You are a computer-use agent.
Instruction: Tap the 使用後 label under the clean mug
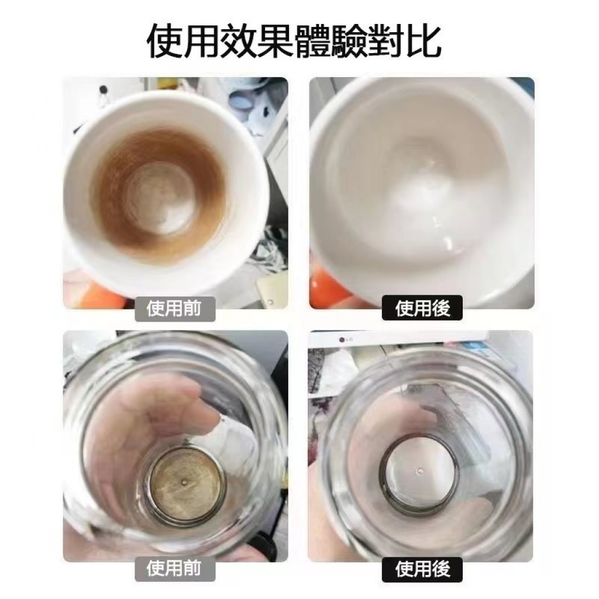pyautogui.click(x=422, y=308)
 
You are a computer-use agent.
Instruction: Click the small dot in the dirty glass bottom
pyautogui.click(x=185, y=483)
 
